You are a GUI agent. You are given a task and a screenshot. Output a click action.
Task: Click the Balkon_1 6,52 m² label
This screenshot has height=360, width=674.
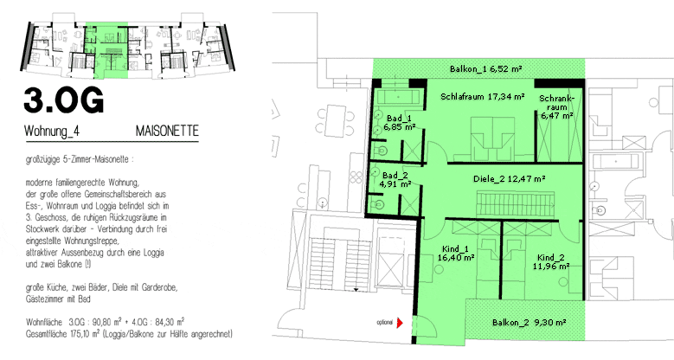[x=485, y=69]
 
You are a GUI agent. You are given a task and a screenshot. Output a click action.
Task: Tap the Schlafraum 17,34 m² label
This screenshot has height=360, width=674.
[x=482, y=97]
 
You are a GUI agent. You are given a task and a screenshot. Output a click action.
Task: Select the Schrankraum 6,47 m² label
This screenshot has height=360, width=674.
[x=556, y=107]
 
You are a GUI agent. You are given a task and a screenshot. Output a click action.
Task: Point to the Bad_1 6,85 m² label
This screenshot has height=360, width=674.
[x=400, y=123]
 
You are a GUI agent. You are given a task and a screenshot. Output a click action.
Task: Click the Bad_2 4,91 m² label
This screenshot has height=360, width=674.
[x=395, y=180]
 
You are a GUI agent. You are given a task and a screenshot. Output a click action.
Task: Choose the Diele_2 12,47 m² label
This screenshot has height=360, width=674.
[x=510, y=179]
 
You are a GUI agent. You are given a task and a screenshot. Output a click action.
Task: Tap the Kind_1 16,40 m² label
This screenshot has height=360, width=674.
[x=456, y=254]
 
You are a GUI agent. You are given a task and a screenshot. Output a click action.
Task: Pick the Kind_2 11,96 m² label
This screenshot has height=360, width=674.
[x=551, y=262]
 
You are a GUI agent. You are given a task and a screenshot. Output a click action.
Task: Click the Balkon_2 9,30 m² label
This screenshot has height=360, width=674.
[x=530, y=323]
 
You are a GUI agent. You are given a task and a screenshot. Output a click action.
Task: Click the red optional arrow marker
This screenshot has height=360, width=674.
[x=400, y=323]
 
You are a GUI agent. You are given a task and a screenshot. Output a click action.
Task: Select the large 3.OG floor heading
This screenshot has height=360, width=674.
[x=64, y=100]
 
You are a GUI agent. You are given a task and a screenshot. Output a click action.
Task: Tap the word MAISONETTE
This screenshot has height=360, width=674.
[x=167, y=131]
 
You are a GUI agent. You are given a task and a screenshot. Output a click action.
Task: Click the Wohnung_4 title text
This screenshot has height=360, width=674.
[x=52, y=132]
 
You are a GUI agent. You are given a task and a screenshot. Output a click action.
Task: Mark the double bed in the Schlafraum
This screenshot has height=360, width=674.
[x=493, y=138]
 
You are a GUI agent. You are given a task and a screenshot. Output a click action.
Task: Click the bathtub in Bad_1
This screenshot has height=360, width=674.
[x=398, y=97]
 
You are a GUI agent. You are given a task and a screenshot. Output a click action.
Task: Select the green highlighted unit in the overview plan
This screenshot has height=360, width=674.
[x=106, y=50]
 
